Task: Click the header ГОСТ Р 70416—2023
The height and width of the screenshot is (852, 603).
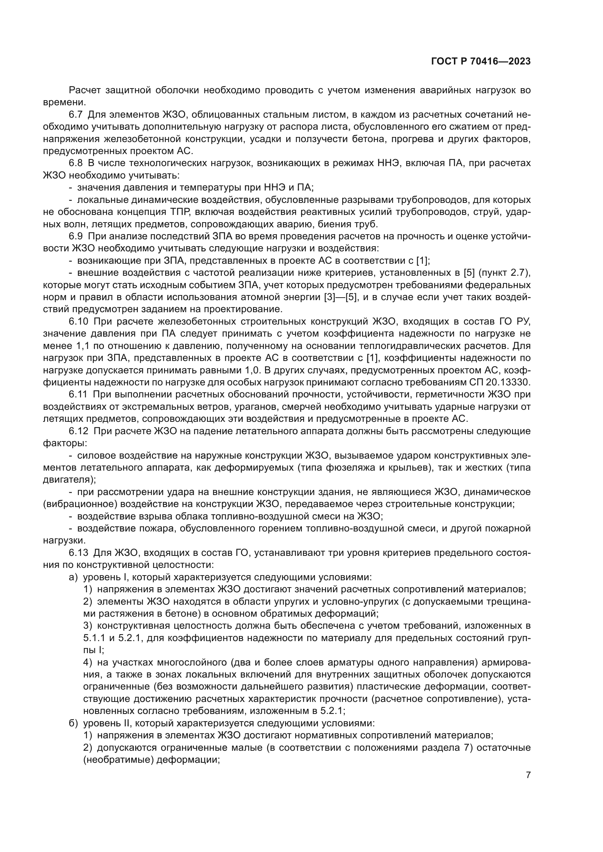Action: click(x=481, y=62)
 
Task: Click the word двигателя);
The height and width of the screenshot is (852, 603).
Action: click(x=69, y=480)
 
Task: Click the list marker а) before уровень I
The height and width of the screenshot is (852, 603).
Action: click(x=73, y=577)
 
